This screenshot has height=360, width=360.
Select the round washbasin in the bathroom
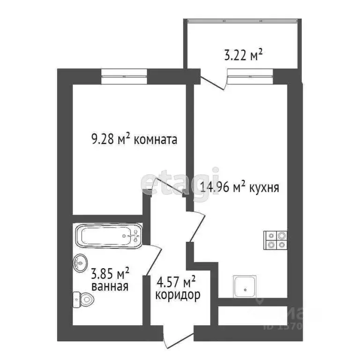(80, 263)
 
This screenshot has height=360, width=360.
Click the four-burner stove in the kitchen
(275, 240)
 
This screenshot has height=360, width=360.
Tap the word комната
(155, 139)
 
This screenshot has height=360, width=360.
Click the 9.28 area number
(103, 139)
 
